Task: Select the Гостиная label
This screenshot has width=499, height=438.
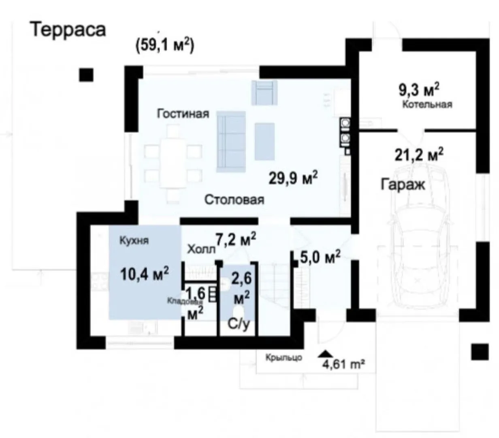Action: [x=183, y=114]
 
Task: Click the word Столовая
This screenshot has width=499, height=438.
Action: [x=234, y=200]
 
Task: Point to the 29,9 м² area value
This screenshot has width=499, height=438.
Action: [x=293, y=178]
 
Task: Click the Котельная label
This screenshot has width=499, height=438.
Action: [x=427, y=104]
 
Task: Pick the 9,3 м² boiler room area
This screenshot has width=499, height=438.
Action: [x=419, y=90]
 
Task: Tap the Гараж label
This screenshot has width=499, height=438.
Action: [x=403, y=184]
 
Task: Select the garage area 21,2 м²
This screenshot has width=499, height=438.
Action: [x=419, y=155]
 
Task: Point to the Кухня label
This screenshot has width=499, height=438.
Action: [x=134, y=240]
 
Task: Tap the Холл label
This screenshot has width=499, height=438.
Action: [x=201, y=249]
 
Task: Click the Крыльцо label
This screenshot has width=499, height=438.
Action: [x=284, y=357]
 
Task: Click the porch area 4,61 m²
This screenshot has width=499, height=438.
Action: [x=344, y=364]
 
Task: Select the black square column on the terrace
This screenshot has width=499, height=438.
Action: [x=86, y=75]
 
